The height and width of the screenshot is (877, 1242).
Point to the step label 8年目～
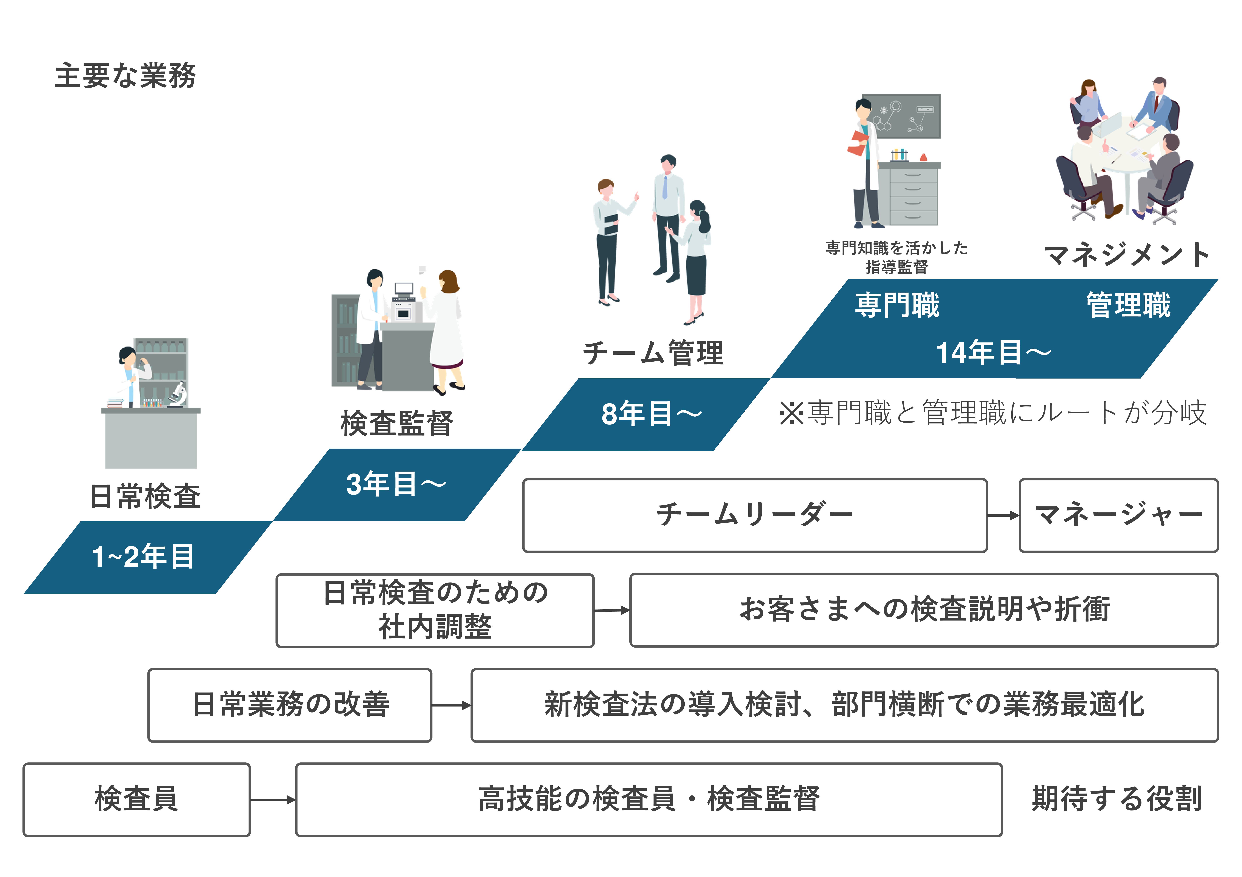point(651,414)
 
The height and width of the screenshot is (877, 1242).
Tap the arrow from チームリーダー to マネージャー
point(1002,515)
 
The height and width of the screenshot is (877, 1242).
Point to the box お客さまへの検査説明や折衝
point(924,610)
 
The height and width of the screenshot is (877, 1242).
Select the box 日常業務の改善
point(290,705)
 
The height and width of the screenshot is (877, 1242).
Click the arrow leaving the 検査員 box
point(273,800)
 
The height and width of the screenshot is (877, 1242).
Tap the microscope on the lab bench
point(178,393)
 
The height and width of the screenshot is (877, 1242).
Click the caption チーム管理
point(652,353)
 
